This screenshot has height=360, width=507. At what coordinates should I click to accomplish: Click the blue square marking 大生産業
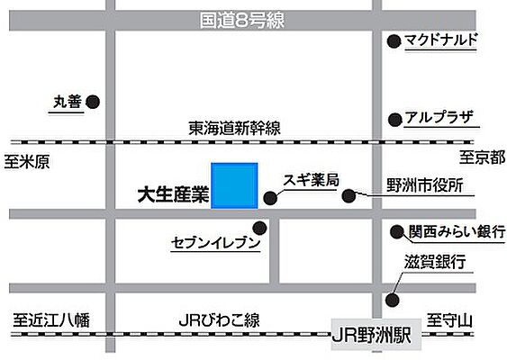pyautogui.click(x=235, y=185)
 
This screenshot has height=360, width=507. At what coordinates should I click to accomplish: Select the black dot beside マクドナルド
pyautogui.click(x=393, y=40)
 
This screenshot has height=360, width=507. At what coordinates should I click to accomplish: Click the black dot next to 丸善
pyautogui.click(x=92, y=103)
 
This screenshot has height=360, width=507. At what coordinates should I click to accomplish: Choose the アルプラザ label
pyautogui.click(x=438, y=119)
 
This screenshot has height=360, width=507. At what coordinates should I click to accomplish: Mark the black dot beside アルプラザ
pyautogui.click(x=393, y=119)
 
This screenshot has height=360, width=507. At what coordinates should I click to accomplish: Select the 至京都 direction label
pyautogui.click(x=478, y=160)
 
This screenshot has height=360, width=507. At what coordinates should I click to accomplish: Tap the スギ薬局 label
pyautogui.click(x=311, y=180)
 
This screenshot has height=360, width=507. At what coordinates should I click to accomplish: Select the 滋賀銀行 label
pyautogui.click(x=434, y=262)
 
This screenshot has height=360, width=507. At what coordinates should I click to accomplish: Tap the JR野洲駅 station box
pyautogui.click(x=373, y=335)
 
